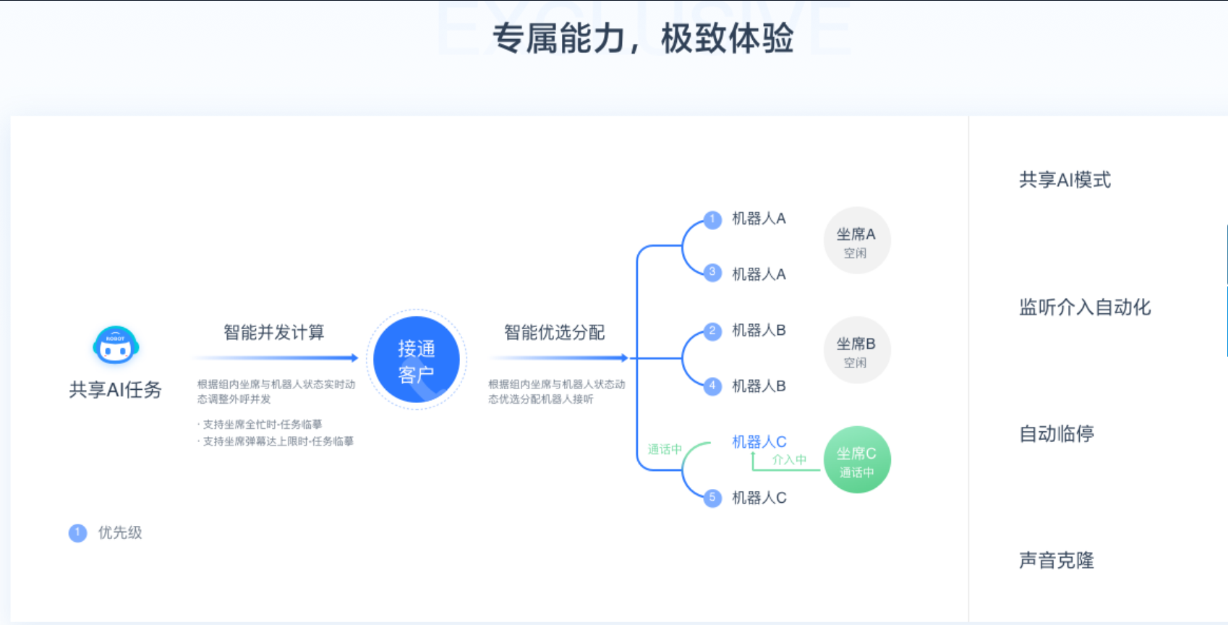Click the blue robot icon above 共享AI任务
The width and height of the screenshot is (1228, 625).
tap(116, 345)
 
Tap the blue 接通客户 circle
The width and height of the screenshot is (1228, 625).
tap(416, 360)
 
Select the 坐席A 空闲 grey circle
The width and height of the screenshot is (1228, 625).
tap(856, 241)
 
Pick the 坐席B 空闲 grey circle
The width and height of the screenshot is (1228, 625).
tap(856, 351)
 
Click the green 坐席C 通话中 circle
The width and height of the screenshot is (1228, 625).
tap(857, 460)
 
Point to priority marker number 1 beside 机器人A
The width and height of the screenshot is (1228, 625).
tap(712, 219)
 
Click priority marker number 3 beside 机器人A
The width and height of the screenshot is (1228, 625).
tap(712, 273)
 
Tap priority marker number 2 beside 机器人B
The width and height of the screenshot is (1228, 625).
tap(712, 331)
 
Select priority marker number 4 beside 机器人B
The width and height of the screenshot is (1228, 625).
tap(712, 386)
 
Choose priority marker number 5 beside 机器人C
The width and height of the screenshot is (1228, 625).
tap(712, 498)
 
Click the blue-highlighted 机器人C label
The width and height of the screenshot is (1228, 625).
tap(759, 442)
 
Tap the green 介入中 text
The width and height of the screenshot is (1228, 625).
tap(789, 460)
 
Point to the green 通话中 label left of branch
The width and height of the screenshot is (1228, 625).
tap(665, 449)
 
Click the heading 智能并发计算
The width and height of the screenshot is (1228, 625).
tap(274, 333)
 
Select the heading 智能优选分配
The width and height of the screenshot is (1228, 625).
tap(555, 333)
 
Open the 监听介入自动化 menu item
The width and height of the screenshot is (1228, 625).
tap(1085, 307)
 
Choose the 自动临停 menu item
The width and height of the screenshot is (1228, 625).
tap(1057, 434)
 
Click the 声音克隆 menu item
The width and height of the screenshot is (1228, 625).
tap(1057, 561)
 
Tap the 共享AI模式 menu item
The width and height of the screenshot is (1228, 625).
tap(1065, 180)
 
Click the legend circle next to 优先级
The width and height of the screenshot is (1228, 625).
tap(77, 533)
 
